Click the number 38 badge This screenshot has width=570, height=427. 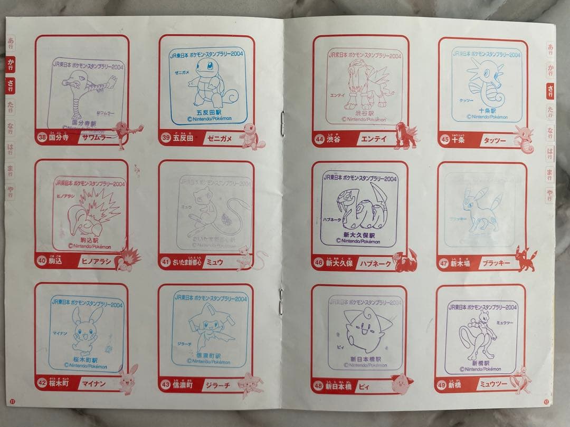point(42,139)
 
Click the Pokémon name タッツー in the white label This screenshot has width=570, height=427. point(492,141)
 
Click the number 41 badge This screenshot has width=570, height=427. point(166,262)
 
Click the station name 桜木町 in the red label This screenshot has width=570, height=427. point(60,385)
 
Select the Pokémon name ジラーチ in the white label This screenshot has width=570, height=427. point(216,385)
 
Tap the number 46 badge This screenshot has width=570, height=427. point(318,262)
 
